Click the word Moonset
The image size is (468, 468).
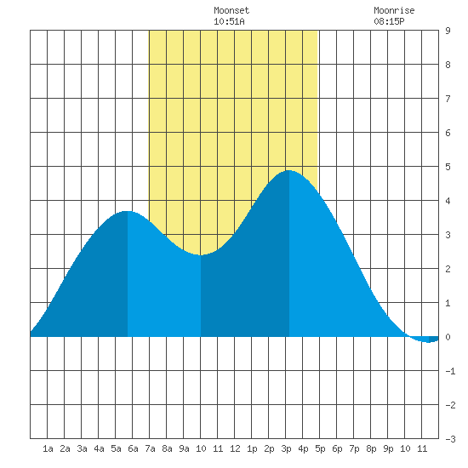231,10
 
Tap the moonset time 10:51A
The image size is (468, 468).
229,21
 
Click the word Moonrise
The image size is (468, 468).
394,10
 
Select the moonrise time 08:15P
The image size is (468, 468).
389,21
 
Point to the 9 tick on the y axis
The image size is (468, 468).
448,31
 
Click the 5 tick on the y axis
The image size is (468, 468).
448,167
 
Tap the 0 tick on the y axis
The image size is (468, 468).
448,337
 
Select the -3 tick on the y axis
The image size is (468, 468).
450,439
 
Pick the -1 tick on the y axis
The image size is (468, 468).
450,371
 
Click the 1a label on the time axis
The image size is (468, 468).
48,448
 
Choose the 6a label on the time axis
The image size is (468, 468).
133,448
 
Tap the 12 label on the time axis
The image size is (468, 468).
235,448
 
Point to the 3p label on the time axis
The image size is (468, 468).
286,448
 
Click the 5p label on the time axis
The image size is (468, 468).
320,448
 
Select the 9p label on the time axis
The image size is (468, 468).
388,448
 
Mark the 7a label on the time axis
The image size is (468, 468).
150,448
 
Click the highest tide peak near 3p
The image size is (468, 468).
288,171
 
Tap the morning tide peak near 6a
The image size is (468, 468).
128,211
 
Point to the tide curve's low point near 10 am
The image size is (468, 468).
200,255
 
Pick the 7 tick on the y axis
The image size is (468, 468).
448,99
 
